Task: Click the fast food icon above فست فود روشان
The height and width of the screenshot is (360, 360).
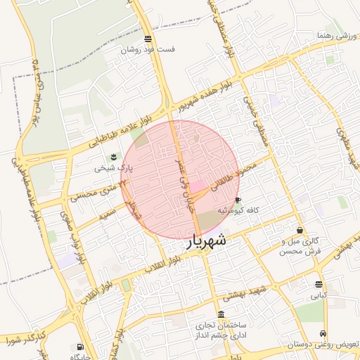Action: (x=148, y=39)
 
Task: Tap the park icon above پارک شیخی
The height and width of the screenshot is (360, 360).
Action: (x=113, y=156)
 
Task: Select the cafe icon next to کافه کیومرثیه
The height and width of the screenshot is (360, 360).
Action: (x=237, y=200)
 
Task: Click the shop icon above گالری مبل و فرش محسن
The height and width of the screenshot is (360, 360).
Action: (x=300, y=230)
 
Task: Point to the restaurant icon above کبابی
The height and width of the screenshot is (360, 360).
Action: (x=319, y=285)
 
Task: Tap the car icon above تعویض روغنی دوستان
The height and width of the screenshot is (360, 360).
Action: (x=323, y=333)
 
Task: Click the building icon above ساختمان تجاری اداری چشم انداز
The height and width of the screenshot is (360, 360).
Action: (x=222, y=314)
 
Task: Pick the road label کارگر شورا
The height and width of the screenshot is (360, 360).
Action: (x=24, y=342)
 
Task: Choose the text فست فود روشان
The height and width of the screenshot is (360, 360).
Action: (x=148, y=50)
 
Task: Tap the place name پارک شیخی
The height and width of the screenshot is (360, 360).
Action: (x=113, y=168)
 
